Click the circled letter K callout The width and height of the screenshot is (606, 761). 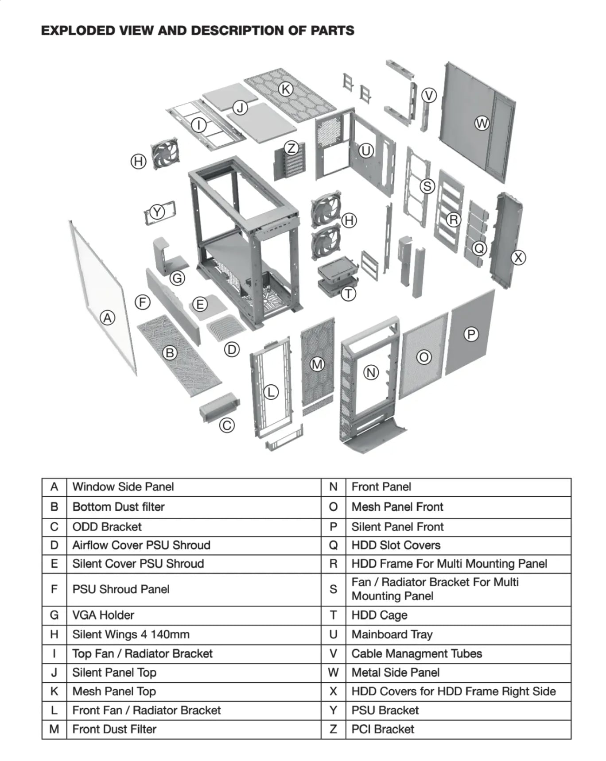[x=286, y=89]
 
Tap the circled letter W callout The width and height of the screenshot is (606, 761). [x=482, y=123]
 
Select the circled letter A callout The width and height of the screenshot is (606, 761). [x=107, y=318]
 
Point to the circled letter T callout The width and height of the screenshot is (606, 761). [x=349, y=294]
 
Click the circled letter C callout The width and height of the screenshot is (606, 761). [x=227, y=425]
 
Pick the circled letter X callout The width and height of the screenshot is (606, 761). [x=518, y=257]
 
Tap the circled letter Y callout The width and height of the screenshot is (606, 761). [x=157, y=212]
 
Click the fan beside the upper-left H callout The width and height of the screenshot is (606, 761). [x=165, y=153]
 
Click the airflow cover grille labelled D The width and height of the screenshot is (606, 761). [x=226, y=328]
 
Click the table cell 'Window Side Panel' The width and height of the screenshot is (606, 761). [x=194, y=487]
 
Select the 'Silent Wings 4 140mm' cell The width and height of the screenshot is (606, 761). [x=194, y=634]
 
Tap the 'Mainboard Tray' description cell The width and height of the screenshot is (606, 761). [x=458, y=634]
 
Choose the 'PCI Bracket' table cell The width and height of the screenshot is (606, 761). [x=458, y=729]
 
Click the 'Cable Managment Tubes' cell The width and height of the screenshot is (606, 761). [x=458, y=653]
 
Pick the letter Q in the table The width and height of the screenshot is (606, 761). [x=334, y=545]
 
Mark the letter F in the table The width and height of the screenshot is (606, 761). [x=54, y=589]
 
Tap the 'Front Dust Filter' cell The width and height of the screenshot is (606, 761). [x=194, y=729]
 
